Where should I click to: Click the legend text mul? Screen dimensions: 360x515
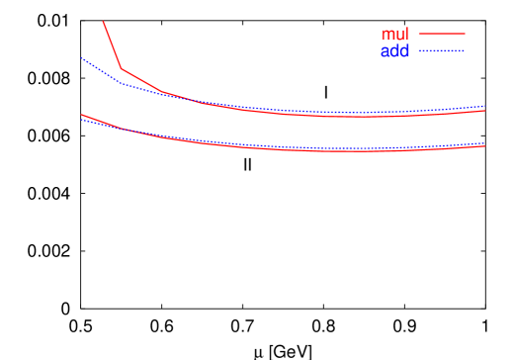pyautogui.click(x=394, y=35)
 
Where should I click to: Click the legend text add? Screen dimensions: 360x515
pyautogui.click(x=394, y=51)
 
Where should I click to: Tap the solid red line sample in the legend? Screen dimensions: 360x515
pyautogui.click(x=441, y=34)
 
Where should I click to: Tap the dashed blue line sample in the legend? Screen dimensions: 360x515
pyautogui.click(x=441, y=49)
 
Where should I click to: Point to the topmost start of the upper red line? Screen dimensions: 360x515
pyautogui.click(x=103, y=21)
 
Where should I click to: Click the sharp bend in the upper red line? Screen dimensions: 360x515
pyautogui.click(x=122, y=68)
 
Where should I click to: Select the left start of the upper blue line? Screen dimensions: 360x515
pyautogui.click(x=81, y=57)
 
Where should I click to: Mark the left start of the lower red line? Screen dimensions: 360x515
pyautogui.click(x=81, y=115)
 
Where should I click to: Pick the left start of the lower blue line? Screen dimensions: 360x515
pyautogui.click(x=81, y=119)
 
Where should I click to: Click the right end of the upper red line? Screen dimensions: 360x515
pyautogui.click(x=485, y=111)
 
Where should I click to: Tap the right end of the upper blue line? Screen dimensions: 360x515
pyautogui.click(x=485, y=106)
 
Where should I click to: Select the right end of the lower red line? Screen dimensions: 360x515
pyautogui.click(x=485, y=146)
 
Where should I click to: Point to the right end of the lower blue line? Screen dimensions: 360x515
pyautogui.click(x=485, y=143)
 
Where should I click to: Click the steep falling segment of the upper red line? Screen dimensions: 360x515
pyautogui.click(x=112, y=45)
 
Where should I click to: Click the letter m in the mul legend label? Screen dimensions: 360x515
pyautogui.click(x=387, y=35)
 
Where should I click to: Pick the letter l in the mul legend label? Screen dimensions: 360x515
pyautogui.click(x=406, y=35)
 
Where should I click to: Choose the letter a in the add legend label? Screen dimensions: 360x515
pyautogui.click(x=386, y=51)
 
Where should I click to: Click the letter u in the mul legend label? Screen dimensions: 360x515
pyautogui.click(x=398, y=35)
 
